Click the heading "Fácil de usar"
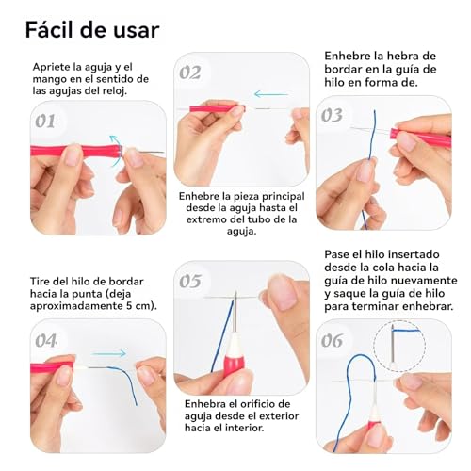pyautogui.click(x=92, y=28)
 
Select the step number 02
pyautogui.click(x=191, y=73)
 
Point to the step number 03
pyautogui.click(x=332, y=116)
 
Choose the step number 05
pyautogui.click(x=191, y=281)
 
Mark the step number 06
pyautogui.click(x=333, y=340)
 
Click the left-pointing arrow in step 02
pyautogui.click(x=271, y=93)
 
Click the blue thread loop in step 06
pyautogui.click(x=347, y=396)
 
